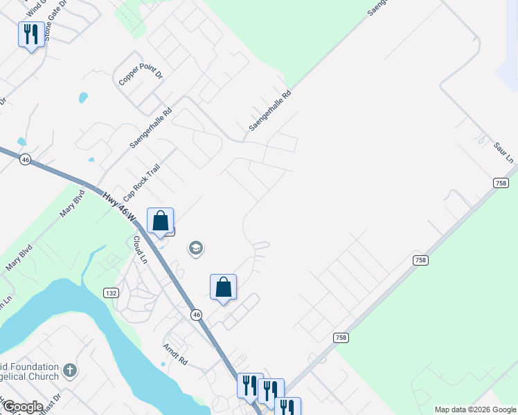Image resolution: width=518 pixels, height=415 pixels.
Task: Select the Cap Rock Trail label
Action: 137,183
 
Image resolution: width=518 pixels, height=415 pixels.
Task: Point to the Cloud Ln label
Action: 140,250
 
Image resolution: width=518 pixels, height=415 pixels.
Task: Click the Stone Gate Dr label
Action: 56,21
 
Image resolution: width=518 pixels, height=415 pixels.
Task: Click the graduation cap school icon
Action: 196,248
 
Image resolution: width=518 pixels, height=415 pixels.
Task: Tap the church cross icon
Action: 69,371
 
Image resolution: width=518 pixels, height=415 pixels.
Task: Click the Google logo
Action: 22,407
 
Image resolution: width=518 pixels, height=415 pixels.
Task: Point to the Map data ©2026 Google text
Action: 475,409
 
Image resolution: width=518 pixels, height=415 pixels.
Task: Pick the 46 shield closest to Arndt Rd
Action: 197,315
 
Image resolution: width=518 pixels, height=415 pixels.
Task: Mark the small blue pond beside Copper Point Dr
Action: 84,98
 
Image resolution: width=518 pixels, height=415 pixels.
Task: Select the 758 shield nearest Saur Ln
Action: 501,183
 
